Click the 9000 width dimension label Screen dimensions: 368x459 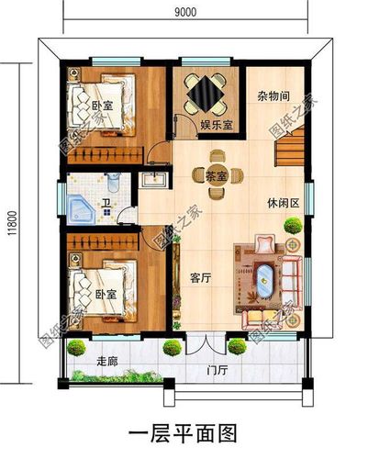click(x=185, y=12)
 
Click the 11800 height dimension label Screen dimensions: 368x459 click(x=12, y=223)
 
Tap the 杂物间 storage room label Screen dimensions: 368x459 click(x=273, y=96)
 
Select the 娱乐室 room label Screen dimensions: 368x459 click(x=217, y=125)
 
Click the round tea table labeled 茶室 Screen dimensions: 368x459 click(x=217, y=175)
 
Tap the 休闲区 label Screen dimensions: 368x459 click(x=283, y=203)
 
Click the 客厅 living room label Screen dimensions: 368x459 click(x=201, y=278)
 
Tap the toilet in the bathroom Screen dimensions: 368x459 click(x=114, y=182)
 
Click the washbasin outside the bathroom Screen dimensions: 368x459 click(x=153, y=180)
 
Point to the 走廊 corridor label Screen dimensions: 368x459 click(x=107, y=362)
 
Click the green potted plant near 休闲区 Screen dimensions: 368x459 click(x=293, y=226)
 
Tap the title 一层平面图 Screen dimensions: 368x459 click(x=184, y=433)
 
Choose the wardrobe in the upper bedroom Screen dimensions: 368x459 click(x=106, y=155)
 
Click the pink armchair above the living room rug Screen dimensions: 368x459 click(x=265, y=243)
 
